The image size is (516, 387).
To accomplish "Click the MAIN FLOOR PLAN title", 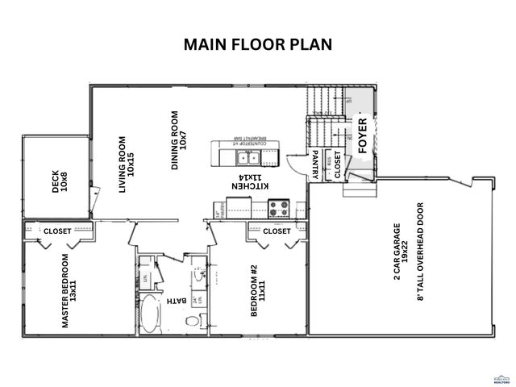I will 258,44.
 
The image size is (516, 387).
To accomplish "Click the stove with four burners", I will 278,208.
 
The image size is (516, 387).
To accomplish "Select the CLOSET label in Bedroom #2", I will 277,231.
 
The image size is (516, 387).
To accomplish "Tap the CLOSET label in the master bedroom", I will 57,231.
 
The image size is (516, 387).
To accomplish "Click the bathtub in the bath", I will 151,314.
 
